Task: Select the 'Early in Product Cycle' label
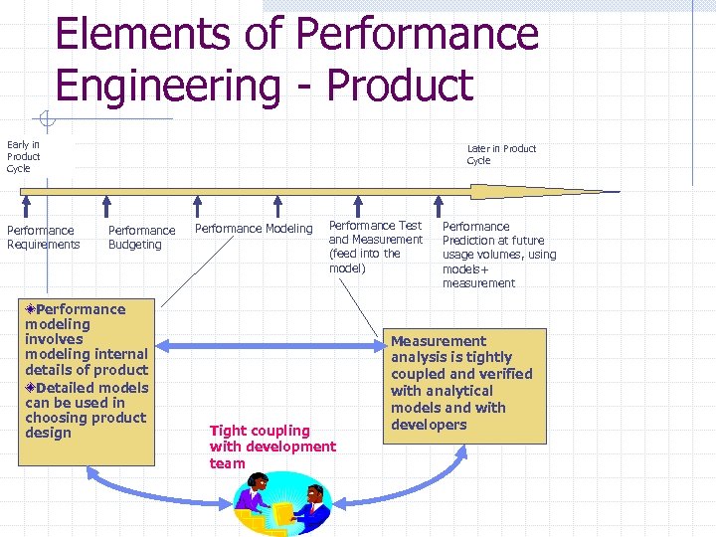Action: tap(23, 156)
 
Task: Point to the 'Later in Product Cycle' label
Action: tap(501, 154)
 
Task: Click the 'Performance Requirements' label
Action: tap(43, 237)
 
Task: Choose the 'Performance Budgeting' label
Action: tap(141, 237)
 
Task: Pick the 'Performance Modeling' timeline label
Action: tap(253, 229)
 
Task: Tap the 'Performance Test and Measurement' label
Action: tap(375, 247)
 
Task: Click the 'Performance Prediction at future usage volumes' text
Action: tap(498, 255)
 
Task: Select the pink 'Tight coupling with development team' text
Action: tap(272, 447)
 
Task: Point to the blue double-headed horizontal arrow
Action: tap(272, 346)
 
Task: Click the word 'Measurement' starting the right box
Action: tap(439, 341)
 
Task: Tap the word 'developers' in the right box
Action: tap(429, 425)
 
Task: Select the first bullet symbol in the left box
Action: tap(31, 309)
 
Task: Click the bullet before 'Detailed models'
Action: tap(31, 388)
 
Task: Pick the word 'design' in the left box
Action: tap(48, 433)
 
